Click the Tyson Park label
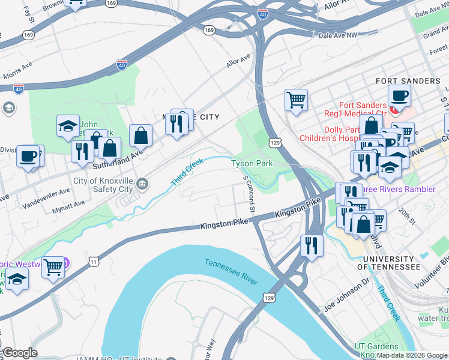coord(253,163)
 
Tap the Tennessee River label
coord(231,272)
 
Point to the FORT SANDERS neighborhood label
coord(408,81)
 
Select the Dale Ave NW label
coord(337,35)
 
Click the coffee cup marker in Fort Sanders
coord(399,95)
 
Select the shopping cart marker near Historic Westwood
coord(53,266)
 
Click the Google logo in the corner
coord(20,353)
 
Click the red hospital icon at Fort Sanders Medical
coord(394,109)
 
